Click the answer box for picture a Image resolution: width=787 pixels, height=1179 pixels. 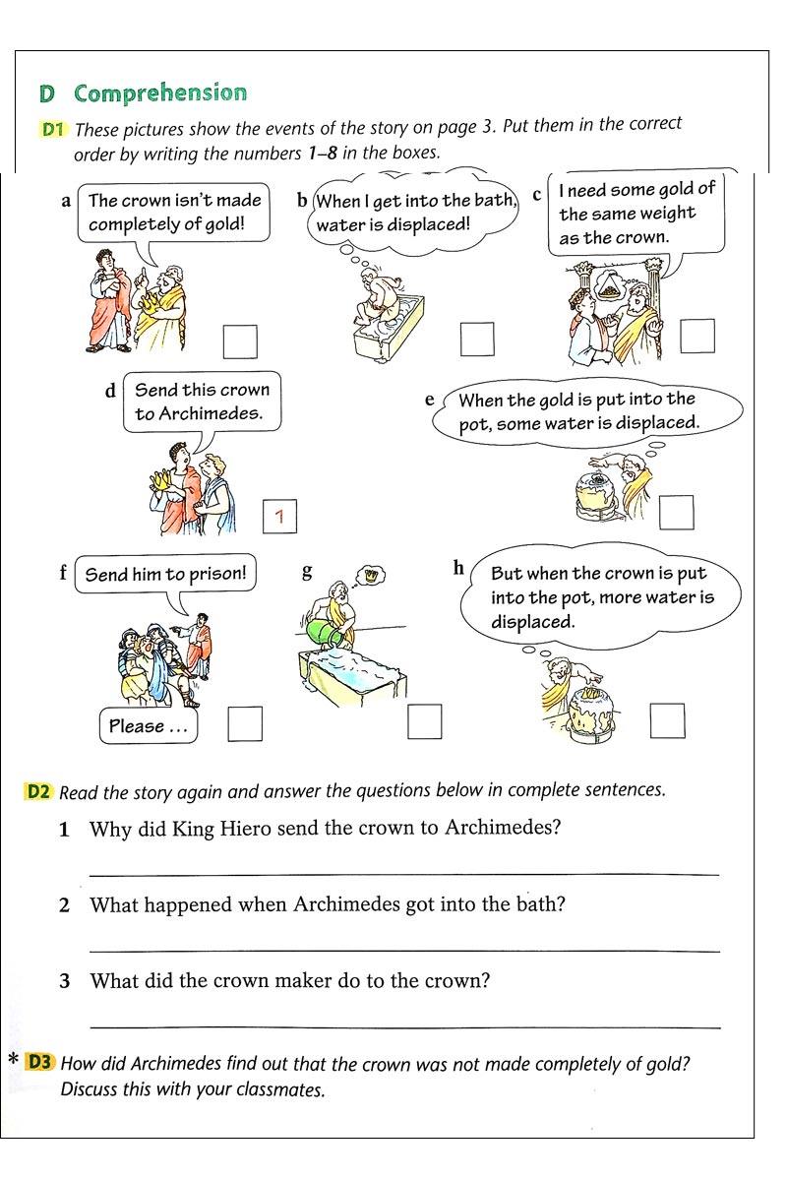[x=240, y=341]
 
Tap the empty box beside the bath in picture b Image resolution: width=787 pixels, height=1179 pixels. [x=477, y=340]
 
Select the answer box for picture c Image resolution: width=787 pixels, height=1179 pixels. [x=697, y=336]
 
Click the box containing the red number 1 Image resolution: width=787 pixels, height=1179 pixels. [x=280, y=516]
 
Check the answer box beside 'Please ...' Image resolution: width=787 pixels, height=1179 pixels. [x=245, y=724]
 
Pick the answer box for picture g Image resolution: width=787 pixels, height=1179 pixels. [x=425, y=722]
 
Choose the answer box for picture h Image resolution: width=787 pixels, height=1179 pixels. [x=667, y=721]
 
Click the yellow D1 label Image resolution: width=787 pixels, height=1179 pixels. [x=53, y=129]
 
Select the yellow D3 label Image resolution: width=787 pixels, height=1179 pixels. [x=40, y=1062]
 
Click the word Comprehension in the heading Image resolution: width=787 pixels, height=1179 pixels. [x=160, y=93]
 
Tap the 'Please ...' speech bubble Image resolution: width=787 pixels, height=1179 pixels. [x=148, y=727]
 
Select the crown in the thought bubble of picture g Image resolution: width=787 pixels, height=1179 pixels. [x=371, y=573]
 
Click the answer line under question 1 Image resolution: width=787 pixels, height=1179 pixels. [x=403, y=873]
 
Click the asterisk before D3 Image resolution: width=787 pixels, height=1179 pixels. [x=14, y=1062]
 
